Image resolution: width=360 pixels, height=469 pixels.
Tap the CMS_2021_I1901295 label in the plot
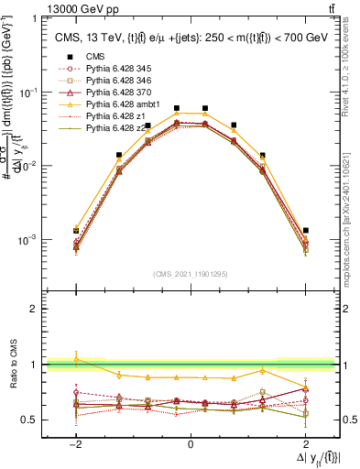[190, 274]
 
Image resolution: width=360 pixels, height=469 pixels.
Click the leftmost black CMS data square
[77, 231]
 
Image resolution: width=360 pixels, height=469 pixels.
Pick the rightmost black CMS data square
[305, 230]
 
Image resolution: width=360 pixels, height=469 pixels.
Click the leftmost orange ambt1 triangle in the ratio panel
[77, 359]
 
